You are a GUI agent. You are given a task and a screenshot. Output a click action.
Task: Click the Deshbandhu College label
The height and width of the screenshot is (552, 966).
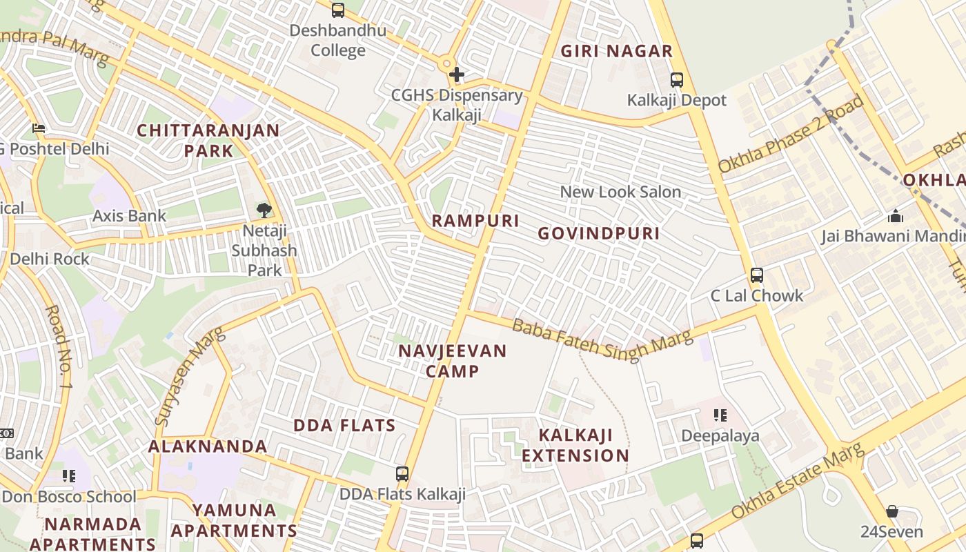click(337, 41)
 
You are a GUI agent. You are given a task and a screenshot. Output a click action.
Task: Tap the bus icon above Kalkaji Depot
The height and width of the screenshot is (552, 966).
click(676, 80)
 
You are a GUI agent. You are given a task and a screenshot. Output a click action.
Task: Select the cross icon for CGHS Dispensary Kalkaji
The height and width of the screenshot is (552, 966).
click(456, 75)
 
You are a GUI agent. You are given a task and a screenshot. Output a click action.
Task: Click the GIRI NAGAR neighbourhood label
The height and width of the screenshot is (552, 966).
click(616, 51)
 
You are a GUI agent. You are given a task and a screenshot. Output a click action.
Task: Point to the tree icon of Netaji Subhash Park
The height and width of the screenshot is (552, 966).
click(264, 210)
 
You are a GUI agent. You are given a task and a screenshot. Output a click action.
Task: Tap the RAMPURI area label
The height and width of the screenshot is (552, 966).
click(475, 221)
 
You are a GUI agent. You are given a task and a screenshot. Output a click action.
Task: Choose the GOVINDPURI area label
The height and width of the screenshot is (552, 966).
click(598, 233)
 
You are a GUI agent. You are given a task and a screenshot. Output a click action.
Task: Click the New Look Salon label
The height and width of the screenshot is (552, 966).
click(620, 192)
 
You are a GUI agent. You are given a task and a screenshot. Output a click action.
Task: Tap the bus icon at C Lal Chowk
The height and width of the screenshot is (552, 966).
click(757, 275)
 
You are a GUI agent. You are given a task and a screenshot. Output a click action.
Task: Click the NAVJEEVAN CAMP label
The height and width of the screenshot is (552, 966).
click(453, 361)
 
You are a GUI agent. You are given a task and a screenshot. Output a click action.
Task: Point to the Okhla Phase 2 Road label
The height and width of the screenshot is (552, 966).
click(791, 135)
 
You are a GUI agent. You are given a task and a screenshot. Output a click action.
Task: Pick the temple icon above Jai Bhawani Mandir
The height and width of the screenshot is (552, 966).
click(896, 216)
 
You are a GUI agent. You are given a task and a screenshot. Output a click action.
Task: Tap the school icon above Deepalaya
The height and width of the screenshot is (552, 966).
click(720, 415)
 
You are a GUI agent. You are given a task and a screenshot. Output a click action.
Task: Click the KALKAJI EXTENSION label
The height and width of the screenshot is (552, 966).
click(575, 445)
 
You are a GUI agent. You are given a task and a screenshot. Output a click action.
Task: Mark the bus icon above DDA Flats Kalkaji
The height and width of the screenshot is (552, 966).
click(402, 474)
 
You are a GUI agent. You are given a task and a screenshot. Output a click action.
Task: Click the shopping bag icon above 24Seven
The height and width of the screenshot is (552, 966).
click(891, 511)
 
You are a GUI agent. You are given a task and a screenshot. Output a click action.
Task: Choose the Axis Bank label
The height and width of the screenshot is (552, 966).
click(130, 216)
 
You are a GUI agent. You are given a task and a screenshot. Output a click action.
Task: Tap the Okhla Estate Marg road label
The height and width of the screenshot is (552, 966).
click(798, 482)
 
